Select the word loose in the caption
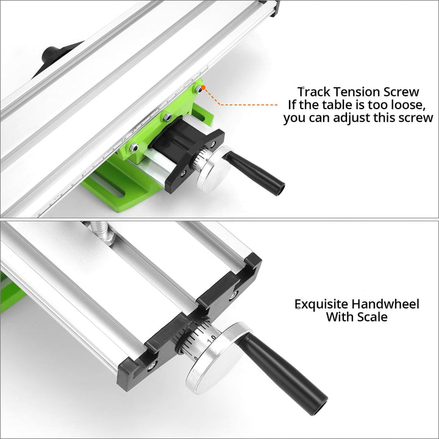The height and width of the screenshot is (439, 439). pyautogui.click(x=407, y=105)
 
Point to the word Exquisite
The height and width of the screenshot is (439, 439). pyautogui.click(x=321, y=304)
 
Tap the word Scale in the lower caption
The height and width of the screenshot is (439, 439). pyautogui.click(x=372, y=317)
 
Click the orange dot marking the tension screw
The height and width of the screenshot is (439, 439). pyautogui.click(x=203, y=88)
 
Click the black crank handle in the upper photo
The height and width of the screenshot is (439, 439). pyautogui.click(x=254, y=172)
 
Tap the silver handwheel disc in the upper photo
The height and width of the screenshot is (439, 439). pyautogui.click(x=213, y=170)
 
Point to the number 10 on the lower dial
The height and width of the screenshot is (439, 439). pyautogui.click(x=212, y=338)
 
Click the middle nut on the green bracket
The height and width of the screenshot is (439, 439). pyautogui.click(x=168, y=116)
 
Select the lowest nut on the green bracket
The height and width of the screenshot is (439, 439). pyautogui.click(x=134, y=147)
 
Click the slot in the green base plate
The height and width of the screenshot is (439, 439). pyautogui.click(x=108, y=185)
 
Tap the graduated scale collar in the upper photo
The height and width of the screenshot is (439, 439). pyautogui.click(x=199, y=161)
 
